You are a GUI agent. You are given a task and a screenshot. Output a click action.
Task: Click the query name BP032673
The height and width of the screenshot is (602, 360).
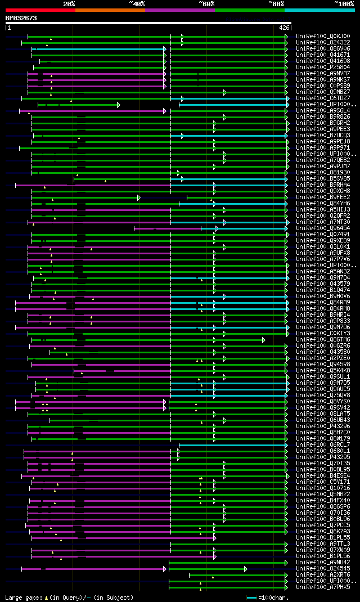pyautogui.click(x=21, y=18)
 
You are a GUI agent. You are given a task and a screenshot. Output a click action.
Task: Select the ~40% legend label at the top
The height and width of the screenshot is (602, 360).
pyautogui.click(x=137, y=3)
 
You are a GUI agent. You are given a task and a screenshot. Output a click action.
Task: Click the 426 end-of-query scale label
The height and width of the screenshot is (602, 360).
pyautogui.click(x=284, y=27)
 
